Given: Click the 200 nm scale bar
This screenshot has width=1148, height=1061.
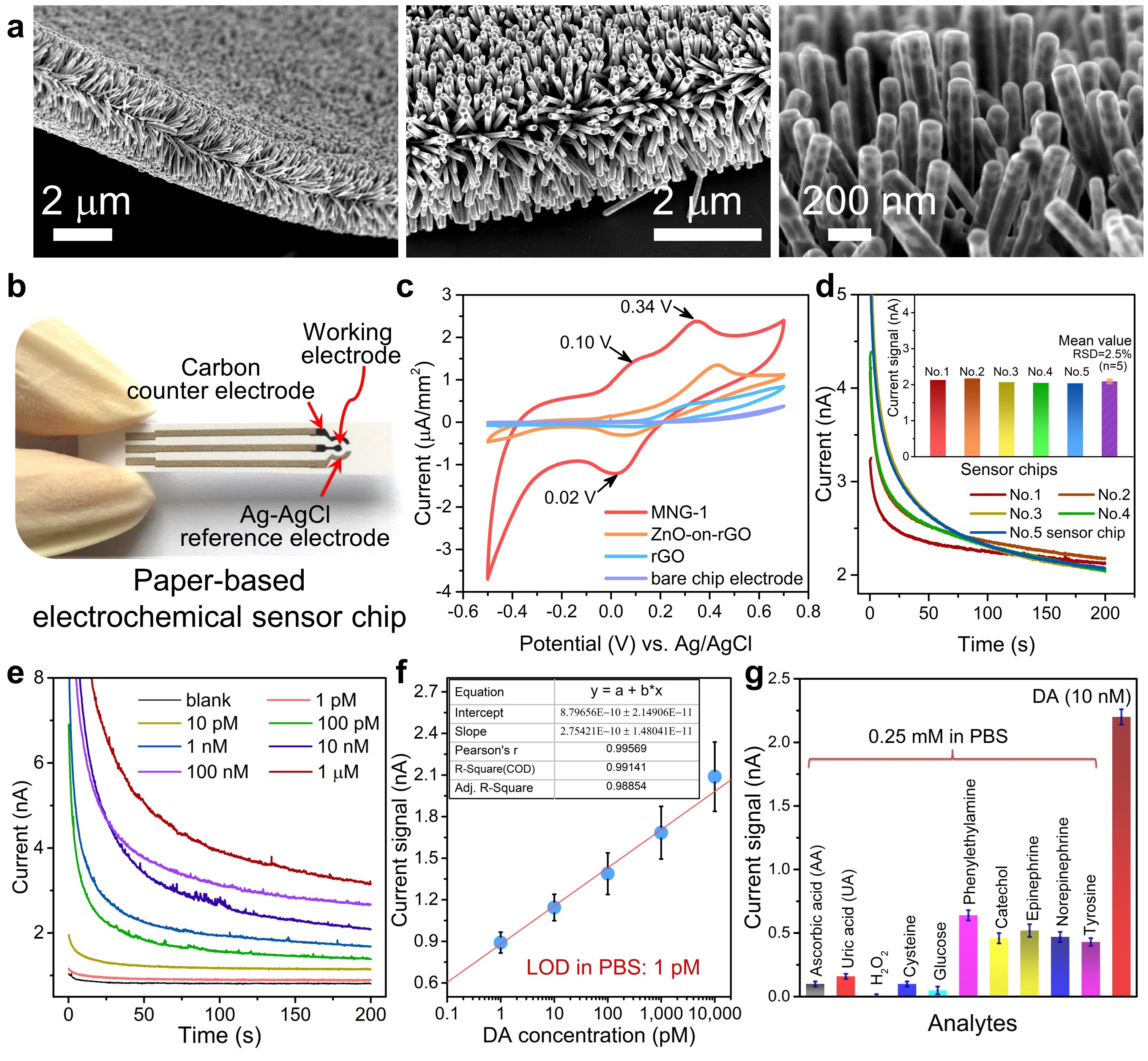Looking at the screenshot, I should point(849,234).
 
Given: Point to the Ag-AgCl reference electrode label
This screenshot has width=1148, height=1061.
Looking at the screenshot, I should point(285,527).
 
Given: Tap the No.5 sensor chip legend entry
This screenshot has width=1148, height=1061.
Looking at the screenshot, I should point(1066,533).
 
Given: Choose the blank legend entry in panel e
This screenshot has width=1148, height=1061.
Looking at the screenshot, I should point(208,701).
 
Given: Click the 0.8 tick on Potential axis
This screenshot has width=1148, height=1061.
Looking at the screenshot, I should point(808,612).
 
